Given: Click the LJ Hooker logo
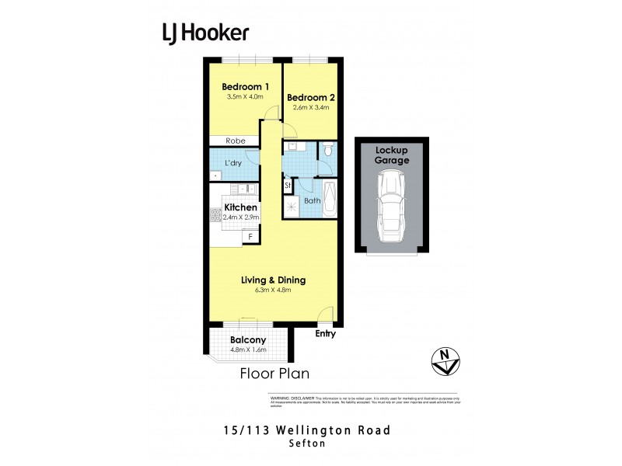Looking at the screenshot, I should click(206, 33).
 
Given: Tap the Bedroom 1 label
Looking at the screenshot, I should click(246, 86).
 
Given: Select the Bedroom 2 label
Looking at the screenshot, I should click(311, 97).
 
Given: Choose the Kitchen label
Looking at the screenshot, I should click(240, 207).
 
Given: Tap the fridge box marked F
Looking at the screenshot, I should click(250, 236).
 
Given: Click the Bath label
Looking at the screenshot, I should click(312, 200).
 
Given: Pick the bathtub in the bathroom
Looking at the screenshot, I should click(330, 199).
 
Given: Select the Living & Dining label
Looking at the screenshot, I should click(273, 280).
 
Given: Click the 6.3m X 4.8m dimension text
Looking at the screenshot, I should click(272, 290).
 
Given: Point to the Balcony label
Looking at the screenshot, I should click(249, 340).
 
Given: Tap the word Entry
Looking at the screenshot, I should click(326, 334).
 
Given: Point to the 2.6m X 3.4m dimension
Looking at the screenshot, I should click(311, 108).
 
